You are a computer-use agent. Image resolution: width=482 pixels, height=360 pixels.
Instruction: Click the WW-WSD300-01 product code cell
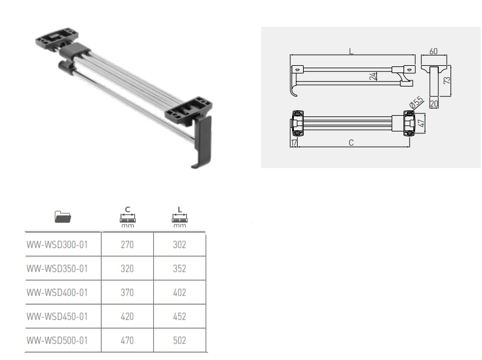[x=57, y=245]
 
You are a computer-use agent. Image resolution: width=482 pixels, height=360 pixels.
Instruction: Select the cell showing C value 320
[x=127, y=269]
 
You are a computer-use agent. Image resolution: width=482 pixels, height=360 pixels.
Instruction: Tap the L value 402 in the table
[x=180, y=292]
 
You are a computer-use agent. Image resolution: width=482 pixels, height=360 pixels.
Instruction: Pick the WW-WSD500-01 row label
[x=57, y=341]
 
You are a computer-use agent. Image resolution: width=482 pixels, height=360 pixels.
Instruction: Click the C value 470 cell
[x=127, y=341]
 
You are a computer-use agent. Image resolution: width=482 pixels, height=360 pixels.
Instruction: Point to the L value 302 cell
[x=180, y=245]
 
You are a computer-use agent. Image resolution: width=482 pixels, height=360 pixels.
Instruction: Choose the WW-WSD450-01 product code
[x=57, y=316]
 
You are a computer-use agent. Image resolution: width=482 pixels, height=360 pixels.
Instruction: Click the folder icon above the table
[x=63, y=217]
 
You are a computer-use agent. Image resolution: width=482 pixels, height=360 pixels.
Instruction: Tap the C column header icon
[x=128, y=217]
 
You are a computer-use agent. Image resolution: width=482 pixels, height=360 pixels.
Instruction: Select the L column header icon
[x=180, y=217]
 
